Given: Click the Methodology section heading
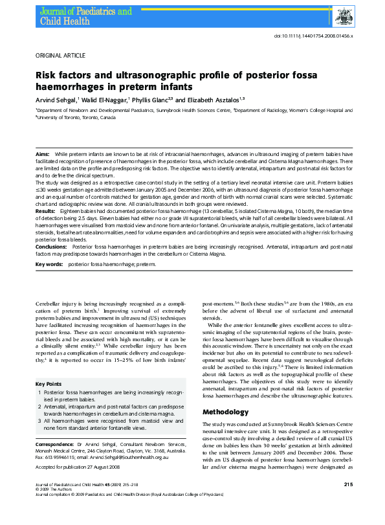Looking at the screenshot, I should [225, 412].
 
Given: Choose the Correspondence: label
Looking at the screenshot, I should [54, 445].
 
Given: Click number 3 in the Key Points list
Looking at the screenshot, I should [39, 420].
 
